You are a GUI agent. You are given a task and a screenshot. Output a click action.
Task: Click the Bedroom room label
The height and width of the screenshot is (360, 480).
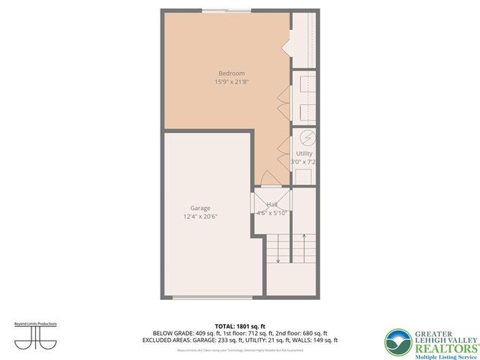(226, 73)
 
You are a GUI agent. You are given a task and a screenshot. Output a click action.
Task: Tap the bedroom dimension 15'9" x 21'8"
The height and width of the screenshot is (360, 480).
(226, 81)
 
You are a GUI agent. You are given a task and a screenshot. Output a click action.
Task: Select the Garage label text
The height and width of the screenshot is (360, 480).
(200, 208)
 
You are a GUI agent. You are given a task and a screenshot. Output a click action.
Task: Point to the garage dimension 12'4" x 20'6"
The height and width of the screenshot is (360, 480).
(200, 217)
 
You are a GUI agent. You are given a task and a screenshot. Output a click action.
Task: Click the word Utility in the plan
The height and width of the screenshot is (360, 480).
(304, 153)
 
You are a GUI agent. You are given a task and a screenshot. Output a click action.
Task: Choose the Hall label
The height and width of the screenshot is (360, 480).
(272, 203)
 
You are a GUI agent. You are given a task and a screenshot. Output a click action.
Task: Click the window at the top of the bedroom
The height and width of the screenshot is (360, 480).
(225, 11)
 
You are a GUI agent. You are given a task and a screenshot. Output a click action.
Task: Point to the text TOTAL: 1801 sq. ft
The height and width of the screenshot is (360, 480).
(240, 326)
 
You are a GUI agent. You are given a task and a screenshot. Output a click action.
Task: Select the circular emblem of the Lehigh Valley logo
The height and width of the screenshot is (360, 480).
(398, 342)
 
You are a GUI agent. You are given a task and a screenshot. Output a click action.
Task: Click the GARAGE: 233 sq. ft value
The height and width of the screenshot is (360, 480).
(228, 340)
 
